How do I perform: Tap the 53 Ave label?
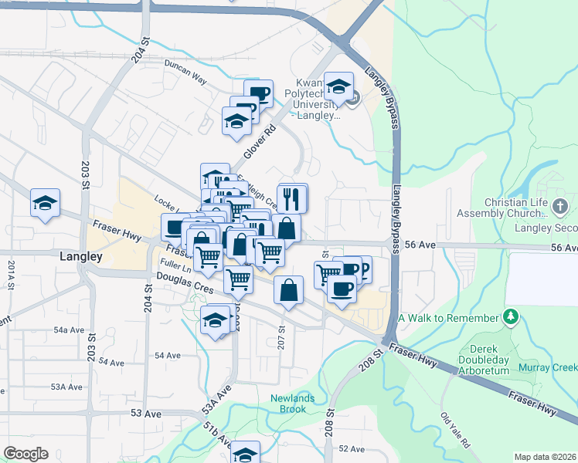pyautogui.click(x=145, y=414)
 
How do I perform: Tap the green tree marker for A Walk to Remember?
pyautogui.click(x=510, y=317)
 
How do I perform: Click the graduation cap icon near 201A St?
pyautogui.click(x=45, y=203)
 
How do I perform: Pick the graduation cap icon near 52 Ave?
pyautogui.click(x=246, y=454)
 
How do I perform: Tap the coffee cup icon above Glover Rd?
pyautogui.click(x=259, y=94)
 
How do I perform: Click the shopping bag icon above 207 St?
pyautogui.click(x=288, y=290)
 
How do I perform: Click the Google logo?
pyautogui.click(x=25, y=454)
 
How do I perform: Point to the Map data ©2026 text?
pyautogui.click(x=546, y=457)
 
